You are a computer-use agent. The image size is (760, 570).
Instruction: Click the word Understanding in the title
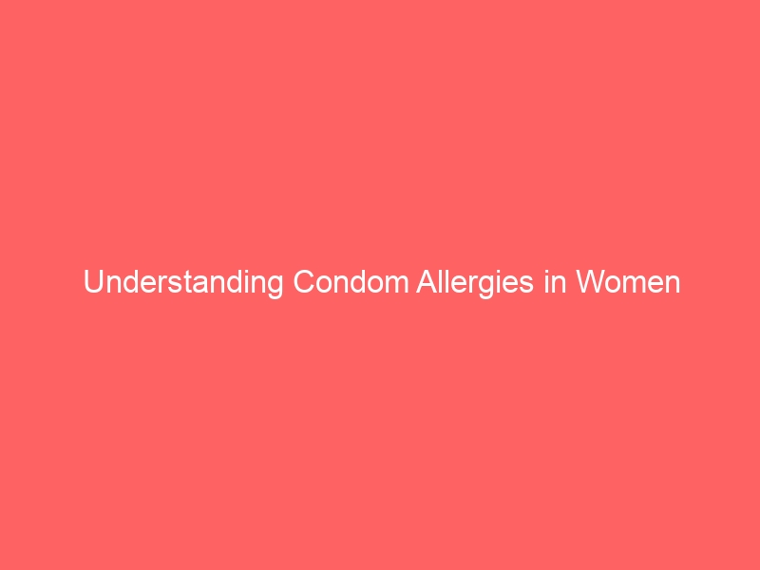pos(183,282)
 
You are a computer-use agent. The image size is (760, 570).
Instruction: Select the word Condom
pos(351,281)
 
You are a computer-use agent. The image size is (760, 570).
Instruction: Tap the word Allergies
pos(475,282)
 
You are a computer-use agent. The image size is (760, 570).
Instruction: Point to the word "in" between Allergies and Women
pos(555,281)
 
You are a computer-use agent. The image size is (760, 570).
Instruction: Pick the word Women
pos(628,282)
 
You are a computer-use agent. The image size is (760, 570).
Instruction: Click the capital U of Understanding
pos(93,282)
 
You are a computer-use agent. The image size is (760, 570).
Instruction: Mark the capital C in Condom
pos(304,281)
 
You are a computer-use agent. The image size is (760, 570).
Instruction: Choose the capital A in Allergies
pos(427,281)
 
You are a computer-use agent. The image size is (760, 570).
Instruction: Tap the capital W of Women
pos(592,282)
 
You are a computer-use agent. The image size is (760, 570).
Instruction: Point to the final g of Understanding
pos(275,286)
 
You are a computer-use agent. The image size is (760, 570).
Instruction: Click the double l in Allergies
pos(445,281)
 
